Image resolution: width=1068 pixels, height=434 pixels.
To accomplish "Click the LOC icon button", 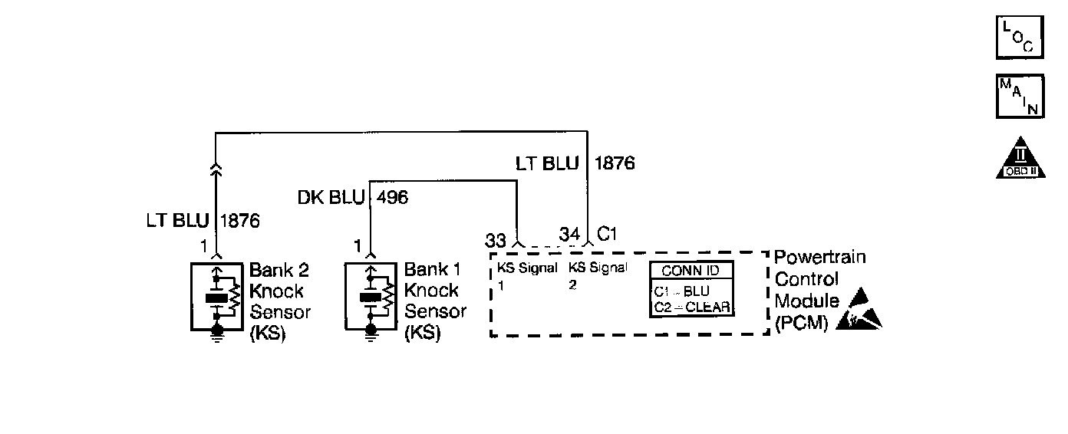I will pos(1020,36).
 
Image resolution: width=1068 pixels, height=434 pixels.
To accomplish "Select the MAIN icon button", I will pos(1020,96).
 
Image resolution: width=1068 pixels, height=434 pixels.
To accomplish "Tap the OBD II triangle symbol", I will pos(1020,159).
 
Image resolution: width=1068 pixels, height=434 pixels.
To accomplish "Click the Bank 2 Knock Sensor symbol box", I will pos(217,296).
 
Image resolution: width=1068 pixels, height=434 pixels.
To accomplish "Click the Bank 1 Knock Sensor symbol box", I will pos(371,296).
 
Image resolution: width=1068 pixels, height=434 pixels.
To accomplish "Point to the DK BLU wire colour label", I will pos(331,198).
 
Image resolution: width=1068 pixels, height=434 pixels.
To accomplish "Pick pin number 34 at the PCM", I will pos(569,235).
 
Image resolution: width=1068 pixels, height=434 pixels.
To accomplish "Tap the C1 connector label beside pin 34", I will pos(607,234).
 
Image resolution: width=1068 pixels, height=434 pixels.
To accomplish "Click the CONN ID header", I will pos(691,271).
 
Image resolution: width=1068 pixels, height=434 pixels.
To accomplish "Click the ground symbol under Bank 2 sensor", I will pos(217,335).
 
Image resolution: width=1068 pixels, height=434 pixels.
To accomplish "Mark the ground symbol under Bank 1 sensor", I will pos(371,335).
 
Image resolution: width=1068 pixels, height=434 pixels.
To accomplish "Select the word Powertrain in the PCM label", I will pos(819,258).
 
